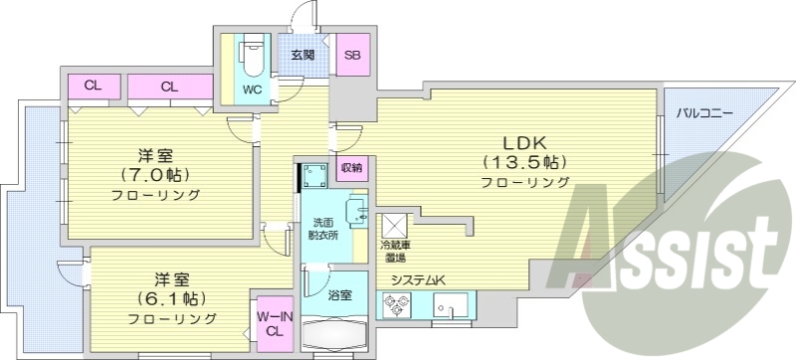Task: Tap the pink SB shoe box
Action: click(x=351, y=56)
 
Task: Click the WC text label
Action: click(x=253, y=89)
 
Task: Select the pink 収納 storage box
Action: click(x=351, y=167)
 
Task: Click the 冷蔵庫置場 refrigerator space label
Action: click(x=394, y=250)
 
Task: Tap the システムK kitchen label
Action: click(x=418, y=280)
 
